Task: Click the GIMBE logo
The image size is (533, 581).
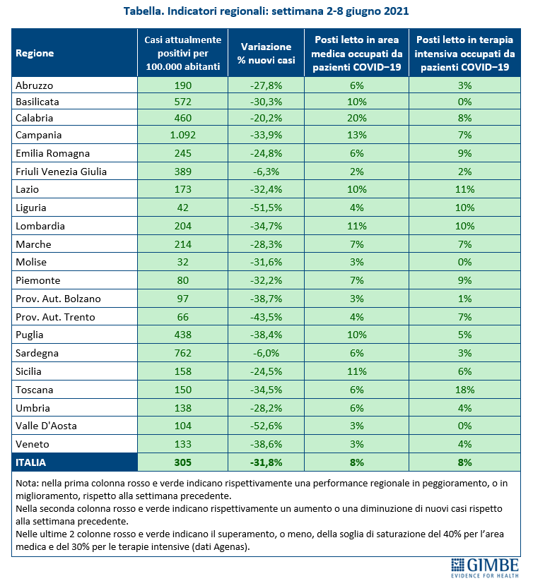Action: tap(485, 568)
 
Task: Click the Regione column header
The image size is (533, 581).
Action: tap(35, 54)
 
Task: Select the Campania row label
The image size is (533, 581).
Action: tap(39, 135)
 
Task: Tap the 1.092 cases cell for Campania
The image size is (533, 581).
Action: tap(183, 135)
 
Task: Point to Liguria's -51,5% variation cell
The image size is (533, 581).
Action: tap(266, 208)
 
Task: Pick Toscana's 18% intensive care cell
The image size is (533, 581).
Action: tap(464, 390)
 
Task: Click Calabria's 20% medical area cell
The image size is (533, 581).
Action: tap(357, 118)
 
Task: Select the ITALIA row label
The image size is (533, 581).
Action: tap(31, 462)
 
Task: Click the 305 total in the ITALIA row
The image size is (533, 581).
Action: tap(183, 462)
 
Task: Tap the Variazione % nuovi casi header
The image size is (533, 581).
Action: tap(266, 54)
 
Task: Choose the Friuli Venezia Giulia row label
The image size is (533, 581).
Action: tap(61, 172)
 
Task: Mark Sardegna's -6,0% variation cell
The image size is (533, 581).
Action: tap(266, 353)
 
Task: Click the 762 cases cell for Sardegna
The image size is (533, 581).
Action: tap(183, 353)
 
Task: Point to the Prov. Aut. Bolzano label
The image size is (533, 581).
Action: tap(58, 299)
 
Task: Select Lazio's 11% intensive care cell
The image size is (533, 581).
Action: tap(464, 189)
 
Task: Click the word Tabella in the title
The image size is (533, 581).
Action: tap(144, 11)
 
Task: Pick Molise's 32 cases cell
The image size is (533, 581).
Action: tap(183, 262)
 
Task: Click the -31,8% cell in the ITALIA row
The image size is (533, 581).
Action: tap(266, 462)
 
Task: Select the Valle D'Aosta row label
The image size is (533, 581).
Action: tap(46, 426)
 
